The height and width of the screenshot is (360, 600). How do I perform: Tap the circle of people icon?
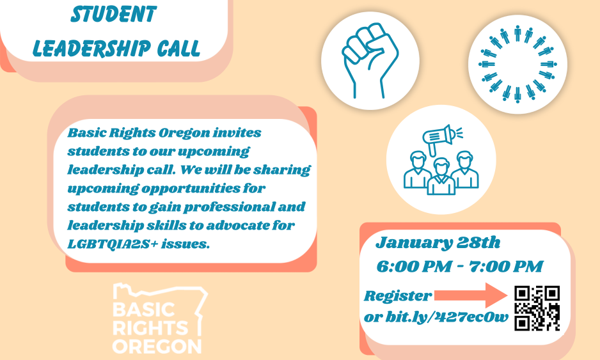[517, 64]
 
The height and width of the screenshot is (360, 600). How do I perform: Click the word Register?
[398, 296]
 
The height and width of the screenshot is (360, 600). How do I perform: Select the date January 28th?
[438, 243]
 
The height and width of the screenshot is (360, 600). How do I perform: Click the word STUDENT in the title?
[114, 14]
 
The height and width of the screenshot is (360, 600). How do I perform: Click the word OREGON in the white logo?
[157, 346]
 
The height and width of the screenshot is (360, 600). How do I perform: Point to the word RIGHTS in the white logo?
[150, 328]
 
